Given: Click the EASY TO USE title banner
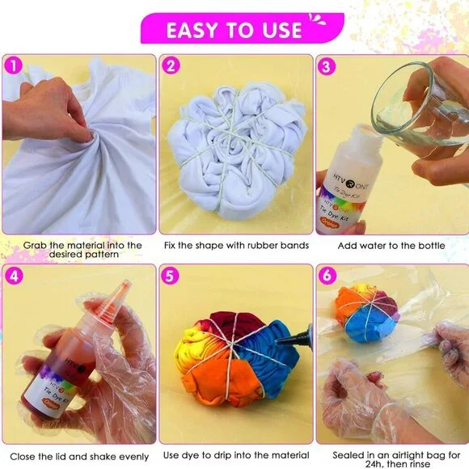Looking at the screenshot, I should [234, 30].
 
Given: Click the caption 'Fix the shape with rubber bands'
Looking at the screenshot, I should [234, 244].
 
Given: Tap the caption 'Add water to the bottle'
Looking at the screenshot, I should [392, 244].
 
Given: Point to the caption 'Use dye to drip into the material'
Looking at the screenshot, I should [234, 454].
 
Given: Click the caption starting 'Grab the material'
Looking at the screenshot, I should [78, 249].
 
